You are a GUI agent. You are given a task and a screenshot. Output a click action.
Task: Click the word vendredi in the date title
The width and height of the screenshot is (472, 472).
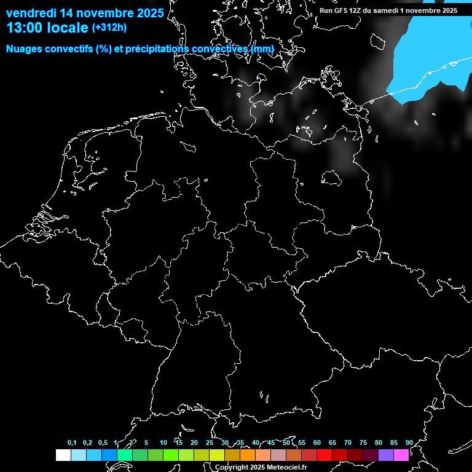[x=31, y=13]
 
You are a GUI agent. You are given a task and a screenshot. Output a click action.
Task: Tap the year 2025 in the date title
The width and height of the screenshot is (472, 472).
[x=147, y=13]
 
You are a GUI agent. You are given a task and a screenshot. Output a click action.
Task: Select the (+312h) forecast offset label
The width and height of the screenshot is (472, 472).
[x=109, y=28]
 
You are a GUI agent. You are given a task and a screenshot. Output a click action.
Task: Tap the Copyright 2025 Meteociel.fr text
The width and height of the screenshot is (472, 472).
[x=261, y=467]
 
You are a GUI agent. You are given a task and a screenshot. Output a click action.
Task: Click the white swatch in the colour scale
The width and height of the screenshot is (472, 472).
[x=63, y=455]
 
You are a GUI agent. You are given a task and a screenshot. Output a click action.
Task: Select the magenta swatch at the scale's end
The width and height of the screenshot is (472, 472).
[x=401, y=455]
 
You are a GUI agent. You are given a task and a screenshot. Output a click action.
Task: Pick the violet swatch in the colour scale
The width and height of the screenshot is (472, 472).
[x=386, y=455]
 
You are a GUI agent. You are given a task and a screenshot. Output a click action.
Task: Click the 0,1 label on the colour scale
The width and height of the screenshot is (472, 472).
[x=72, y=442]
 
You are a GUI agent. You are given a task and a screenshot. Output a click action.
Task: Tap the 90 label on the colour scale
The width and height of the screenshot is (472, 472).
[x=409, y=442]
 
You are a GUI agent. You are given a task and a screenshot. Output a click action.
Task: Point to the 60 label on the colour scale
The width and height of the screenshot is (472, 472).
[x=317, y=442]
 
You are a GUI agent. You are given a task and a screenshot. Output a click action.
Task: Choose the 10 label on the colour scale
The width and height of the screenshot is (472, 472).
[x=163, y=442]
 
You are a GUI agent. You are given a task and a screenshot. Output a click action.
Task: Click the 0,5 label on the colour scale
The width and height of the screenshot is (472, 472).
[x=103, y=442]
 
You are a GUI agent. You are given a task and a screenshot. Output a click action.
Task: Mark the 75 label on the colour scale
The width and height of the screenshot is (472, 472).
[x=363, y=442]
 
